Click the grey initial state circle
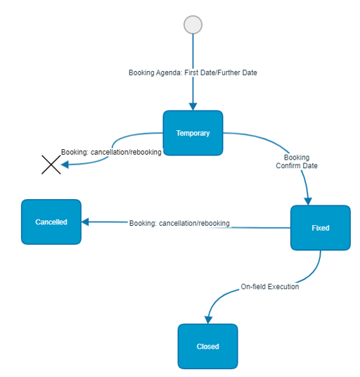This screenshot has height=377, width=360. tap(193, 25)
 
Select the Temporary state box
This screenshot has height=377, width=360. tap(193, 133)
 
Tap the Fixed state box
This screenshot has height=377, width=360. tap(321, 228)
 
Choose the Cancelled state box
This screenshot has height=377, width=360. tap(51, 222)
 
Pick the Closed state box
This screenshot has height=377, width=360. tap(208, 346)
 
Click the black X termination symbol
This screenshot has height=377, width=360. tap(51, 165)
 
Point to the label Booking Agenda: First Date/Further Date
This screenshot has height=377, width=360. tap(193, 72)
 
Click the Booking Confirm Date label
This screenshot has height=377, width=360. tap(297, 162)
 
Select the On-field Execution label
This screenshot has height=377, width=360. tap(270, 286)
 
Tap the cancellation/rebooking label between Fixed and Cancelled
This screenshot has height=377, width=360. tap(179, 224)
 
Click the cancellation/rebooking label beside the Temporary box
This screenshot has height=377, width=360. tap(111, 152)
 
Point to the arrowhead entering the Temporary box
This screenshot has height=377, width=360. tap(193, 106)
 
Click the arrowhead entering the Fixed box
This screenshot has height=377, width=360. tap(308, 201)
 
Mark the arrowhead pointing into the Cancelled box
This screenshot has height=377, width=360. tap(85, 222)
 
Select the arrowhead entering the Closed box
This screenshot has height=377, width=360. tap(208, 320)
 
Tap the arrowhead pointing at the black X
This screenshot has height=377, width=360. tap(65, 165)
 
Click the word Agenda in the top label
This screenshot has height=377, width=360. tap(169, 73)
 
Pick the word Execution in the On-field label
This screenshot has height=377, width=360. tap(283, 286)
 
